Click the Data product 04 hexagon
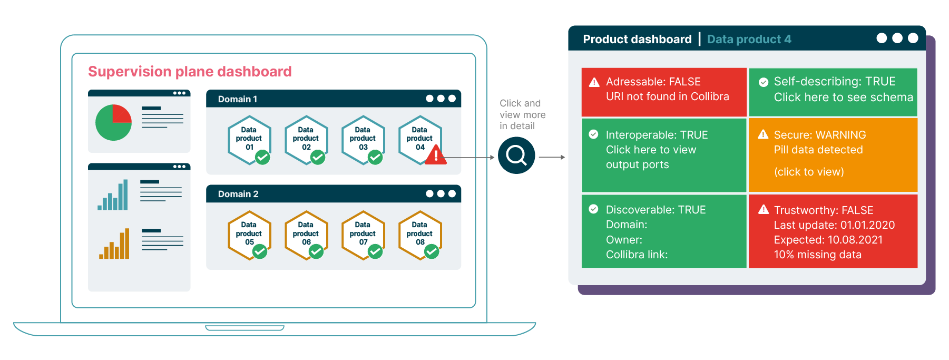click(419, 139)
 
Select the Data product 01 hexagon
click(249, 139)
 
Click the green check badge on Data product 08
click(432, 251)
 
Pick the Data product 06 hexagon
click(306, 234)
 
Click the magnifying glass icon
click(516, 155)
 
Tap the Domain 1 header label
click(238, 99)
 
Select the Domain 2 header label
click(238, 194)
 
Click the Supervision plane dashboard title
click(190, 72)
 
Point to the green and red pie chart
click(113, 122)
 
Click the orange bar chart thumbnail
click(114, 244)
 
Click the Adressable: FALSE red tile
click(664, 92)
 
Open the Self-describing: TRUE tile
click(833, 92)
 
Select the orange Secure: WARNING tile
click(833, 154)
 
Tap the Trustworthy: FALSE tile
click(833, 231)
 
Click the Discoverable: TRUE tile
click(664, 231)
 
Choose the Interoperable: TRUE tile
click(664, 154)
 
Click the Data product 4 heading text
click(749, 40)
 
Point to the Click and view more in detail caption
click(522, 114)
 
